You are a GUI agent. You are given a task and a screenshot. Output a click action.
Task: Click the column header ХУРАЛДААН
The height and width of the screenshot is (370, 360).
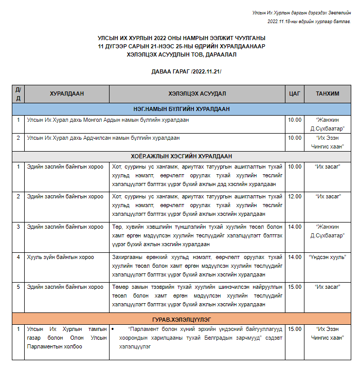pos(67,94)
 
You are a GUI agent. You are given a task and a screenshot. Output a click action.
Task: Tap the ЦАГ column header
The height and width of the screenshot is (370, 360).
pos(295,94)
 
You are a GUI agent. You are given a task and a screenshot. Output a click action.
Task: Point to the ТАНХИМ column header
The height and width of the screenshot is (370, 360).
pos(328,94)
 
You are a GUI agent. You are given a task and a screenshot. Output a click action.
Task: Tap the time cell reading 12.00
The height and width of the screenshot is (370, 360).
pos(295,196)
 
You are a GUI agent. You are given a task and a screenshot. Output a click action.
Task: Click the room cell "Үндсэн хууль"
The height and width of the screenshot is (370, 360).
pos(328,257)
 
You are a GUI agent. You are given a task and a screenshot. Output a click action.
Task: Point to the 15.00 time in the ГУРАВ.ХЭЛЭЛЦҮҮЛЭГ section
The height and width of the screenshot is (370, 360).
pos(295,329)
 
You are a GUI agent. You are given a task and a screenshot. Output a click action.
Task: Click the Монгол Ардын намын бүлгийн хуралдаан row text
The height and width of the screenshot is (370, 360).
pos(108,120)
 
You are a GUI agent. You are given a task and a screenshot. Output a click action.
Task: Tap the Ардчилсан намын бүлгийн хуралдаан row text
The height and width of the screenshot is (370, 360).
pos(103,138)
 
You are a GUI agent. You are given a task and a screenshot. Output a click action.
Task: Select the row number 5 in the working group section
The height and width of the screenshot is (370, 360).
pos(18,287)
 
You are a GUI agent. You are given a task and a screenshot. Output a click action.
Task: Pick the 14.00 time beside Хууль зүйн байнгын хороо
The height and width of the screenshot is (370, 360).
pos(295,257)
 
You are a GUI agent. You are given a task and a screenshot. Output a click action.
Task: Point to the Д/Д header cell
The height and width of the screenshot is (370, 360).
pos(18,94)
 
